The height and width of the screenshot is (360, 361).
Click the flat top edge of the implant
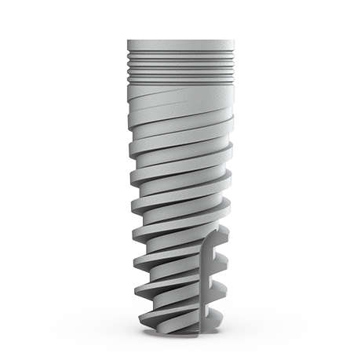pos(180,40)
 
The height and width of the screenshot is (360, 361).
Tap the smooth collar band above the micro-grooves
pos(180,47)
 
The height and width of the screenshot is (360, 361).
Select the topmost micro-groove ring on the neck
pos(180,55)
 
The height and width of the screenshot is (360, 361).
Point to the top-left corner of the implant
pos(128,40)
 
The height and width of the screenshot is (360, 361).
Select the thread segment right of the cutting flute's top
pos(220,235)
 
